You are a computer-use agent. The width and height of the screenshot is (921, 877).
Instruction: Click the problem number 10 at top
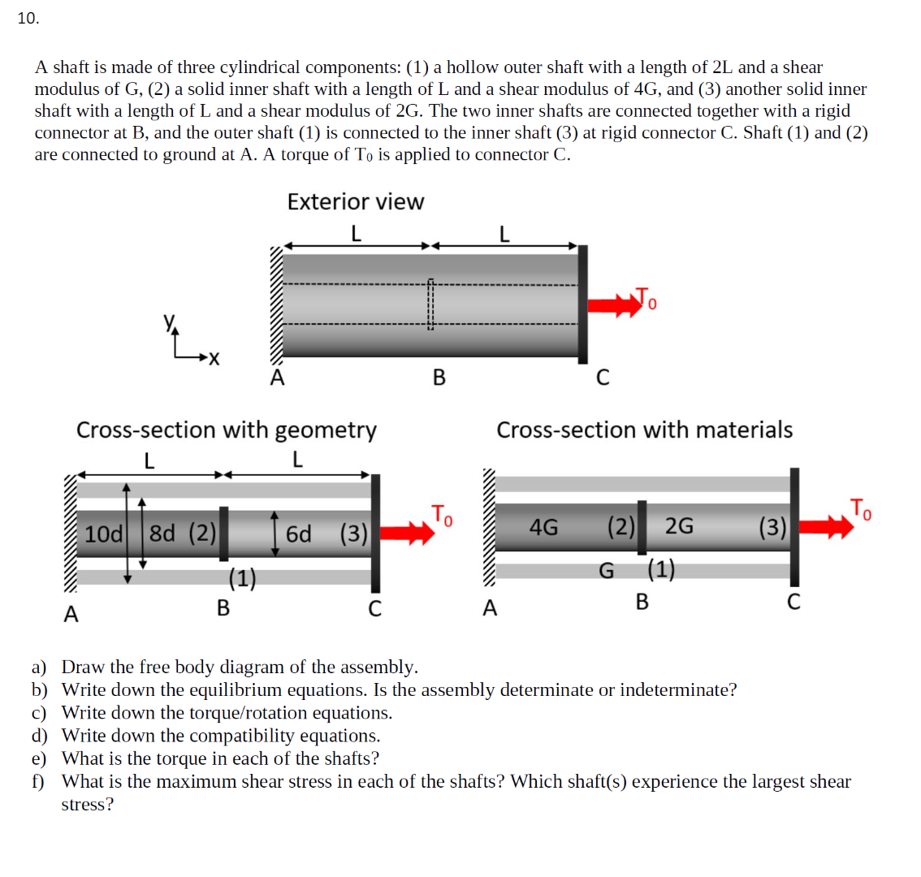tap(28, 19)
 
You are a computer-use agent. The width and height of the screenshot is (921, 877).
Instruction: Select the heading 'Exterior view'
tap(355, 201)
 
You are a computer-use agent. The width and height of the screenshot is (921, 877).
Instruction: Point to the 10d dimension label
tap(103, 534)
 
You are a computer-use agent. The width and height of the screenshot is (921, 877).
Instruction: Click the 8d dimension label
tap(162, 534)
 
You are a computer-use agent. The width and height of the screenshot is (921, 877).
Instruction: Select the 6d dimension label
tap(298, 534)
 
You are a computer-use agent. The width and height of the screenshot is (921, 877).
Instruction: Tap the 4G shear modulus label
tap(543, 527)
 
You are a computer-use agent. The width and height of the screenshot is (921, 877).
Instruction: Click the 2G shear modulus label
tap(679, 527)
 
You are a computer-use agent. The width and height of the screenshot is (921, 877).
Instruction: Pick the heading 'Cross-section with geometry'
tap(226, 430)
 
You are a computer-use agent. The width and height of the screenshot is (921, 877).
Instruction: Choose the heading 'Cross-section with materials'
tap(644, 430)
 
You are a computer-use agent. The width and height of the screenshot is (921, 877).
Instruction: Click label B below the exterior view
tap(439, 378)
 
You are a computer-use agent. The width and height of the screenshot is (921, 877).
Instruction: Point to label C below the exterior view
tap(602, 378)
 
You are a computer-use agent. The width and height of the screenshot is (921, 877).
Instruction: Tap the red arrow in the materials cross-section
tap(827, 526)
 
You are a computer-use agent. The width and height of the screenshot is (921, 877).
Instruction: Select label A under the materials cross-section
tap(489, 608)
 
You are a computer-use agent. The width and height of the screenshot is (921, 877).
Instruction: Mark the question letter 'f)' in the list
tap(38, 781)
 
